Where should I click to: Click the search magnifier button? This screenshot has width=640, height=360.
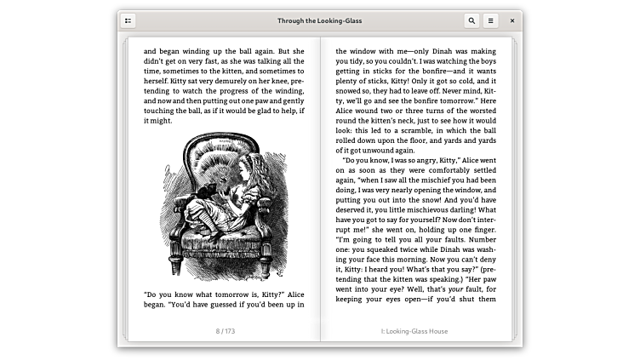point(471,20)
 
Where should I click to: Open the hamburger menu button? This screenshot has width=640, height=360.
point(491,20)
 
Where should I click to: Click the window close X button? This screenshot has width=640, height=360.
point(511,20)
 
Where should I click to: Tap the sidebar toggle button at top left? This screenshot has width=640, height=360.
point(129,20)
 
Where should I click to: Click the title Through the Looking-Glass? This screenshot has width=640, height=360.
point(319,20)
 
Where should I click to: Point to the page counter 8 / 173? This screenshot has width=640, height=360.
point(225,331)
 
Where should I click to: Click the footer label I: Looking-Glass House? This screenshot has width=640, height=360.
point(414,331)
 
